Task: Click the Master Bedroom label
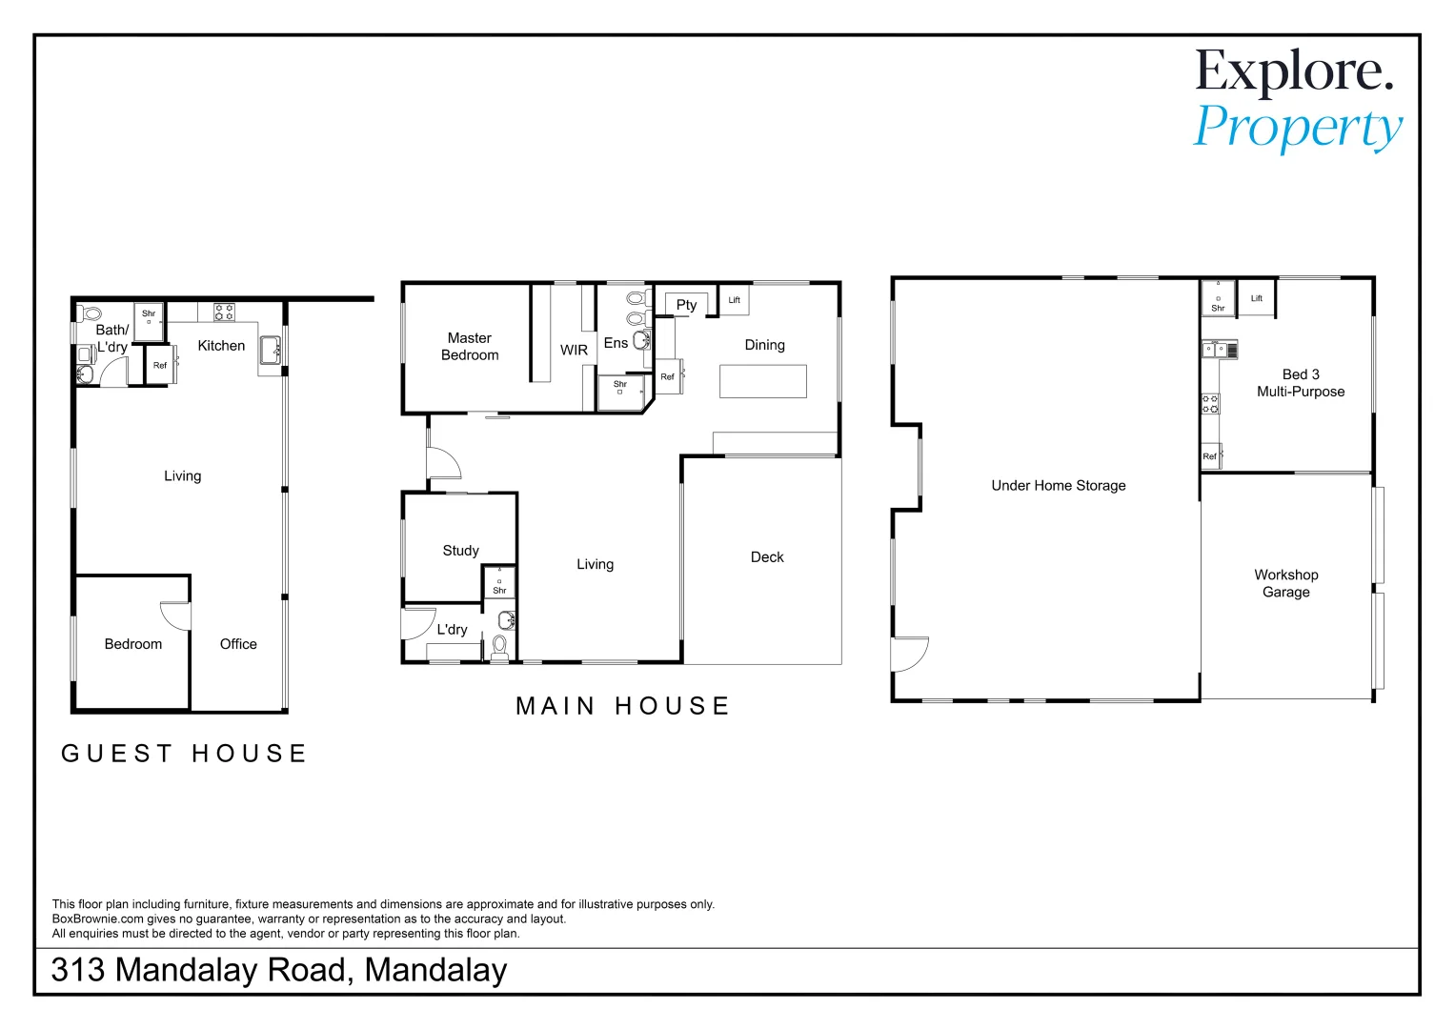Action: [x=470, y=347]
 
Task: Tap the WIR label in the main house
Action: [x=574, y=351]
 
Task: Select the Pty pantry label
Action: [x=686, y=305]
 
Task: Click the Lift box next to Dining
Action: [x=734, y=301]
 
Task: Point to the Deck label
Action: [x=767, y=557]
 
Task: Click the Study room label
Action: [x=460, y=551]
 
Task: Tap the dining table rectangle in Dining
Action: [x=762, y=381]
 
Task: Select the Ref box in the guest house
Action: [x=160, y=366]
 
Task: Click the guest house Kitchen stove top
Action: [x=224, y=312]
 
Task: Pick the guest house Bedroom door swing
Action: [x=176, y=615]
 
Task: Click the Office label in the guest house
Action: [x=238, y=644]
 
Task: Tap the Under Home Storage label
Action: [x=1058, y=486]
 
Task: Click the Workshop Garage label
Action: [x=1285, y=583]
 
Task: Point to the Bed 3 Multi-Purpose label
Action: [x=1301, y=383]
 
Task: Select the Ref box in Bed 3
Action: [x=1210, y=456]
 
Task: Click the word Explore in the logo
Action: [x=1294, y=71]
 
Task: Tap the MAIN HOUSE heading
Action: [x=623, y=706]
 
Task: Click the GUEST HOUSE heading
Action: [x=184, y=754]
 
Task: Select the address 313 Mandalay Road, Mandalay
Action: [x=278, y=970]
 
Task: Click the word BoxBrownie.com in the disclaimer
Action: [x=98, y=919]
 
